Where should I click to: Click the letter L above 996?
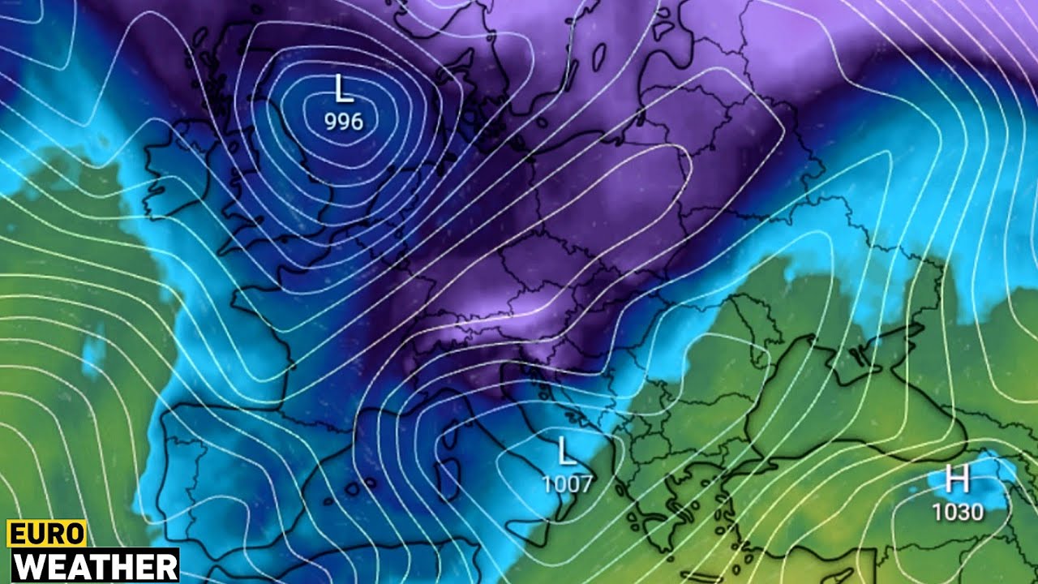344,88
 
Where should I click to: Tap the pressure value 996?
344,122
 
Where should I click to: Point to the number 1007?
567,484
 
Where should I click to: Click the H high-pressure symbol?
957,480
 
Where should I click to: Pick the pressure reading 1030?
957,512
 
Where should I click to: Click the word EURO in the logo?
46,534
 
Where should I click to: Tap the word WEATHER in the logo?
94,566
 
